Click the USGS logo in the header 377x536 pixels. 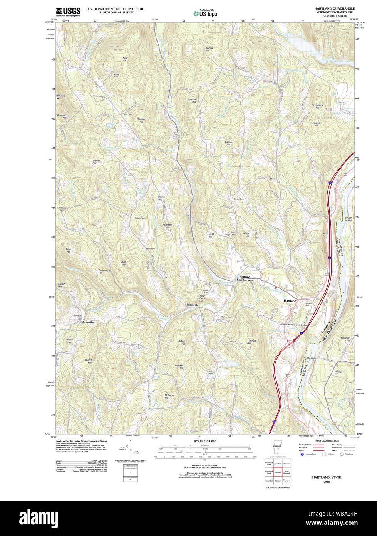point(68,11)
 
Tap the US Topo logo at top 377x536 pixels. point(205,13)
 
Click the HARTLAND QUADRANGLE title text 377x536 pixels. point(334,8)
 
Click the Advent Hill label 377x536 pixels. point(192,100)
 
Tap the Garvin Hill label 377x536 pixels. point(96,162)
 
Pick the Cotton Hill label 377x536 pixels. point(228,143)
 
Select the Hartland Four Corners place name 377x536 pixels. point(245,278)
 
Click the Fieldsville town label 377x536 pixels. point(193,305)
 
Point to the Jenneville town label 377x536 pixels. point(88,322)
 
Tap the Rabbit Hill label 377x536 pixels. point(182,342)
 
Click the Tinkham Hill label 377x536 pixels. point(252,342)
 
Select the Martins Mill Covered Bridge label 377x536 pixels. point(299,324)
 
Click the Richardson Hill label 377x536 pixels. point(317,106)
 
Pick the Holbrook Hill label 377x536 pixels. point(170,396)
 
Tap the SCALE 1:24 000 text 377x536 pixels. point(205,441)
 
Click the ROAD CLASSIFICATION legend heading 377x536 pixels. point(327,440)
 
